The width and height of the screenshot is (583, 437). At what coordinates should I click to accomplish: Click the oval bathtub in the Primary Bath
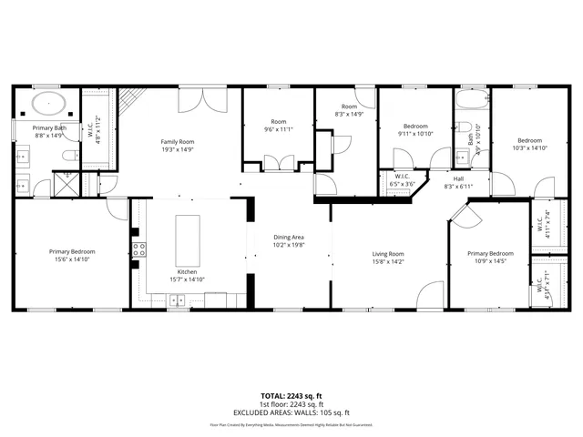(x=47, y=104)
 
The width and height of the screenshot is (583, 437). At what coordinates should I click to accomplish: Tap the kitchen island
(x=187, y=239)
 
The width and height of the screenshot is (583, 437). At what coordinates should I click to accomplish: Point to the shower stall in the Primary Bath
(x=66, y=186)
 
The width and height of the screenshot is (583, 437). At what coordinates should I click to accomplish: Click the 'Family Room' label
(x=178, y=142)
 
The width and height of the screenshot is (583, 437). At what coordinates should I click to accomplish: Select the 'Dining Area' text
(x=289, y=237)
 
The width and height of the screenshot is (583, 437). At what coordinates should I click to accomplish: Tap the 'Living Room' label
(x=388, y=254)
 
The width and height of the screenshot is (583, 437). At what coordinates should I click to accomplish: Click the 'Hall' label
(x=458, y=178)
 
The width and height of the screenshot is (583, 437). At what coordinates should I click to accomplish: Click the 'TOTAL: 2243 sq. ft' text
(x=291, y=396)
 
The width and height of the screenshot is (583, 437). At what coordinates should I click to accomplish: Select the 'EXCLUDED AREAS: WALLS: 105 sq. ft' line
(x=291, y=412)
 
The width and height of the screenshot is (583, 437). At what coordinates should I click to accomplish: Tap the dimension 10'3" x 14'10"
(x=529, y=147)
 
